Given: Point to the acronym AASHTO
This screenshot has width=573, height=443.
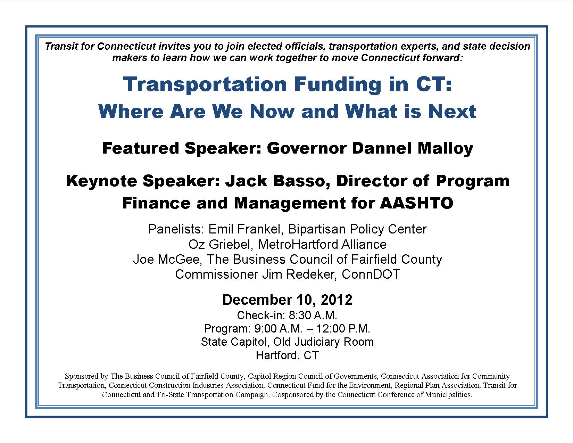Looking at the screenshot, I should [417, 203].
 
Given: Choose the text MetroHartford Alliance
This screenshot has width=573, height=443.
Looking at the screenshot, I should [322, 245].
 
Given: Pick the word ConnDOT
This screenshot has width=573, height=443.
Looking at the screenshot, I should [371, 274].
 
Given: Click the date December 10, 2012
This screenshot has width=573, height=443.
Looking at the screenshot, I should [287, 300].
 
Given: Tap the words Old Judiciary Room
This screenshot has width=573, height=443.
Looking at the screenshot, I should [323, 342].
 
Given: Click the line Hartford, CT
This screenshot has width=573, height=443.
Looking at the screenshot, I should [287, 355].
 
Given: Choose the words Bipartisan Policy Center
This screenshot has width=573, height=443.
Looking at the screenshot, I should [357, 229].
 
